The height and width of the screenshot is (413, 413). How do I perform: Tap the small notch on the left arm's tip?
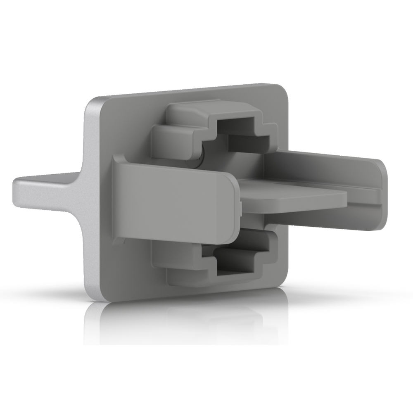pos(240,205)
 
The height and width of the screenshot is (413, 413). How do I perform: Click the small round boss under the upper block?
pos(201,159)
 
